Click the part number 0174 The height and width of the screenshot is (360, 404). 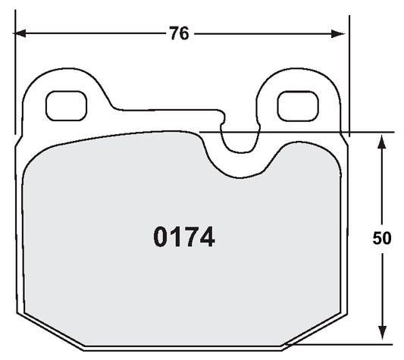184,238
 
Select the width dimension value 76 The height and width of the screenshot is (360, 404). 179,33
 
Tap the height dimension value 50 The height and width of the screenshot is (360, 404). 382,238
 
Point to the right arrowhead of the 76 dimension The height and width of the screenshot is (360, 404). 341,33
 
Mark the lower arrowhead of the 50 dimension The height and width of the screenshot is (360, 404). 382,337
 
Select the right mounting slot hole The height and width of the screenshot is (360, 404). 296,105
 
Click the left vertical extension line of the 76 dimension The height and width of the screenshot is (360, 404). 14,76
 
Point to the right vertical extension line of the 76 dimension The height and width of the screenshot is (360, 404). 348,76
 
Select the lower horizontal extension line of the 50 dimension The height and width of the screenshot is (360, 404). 341,345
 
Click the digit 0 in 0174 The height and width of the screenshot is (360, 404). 161,238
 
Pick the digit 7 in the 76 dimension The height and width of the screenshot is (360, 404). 174,33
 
